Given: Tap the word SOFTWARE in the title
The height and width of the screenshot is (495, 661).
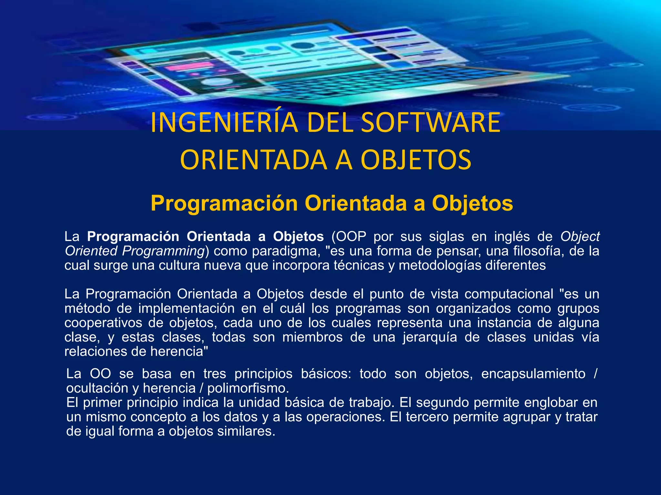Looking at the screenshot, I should coord(431,122).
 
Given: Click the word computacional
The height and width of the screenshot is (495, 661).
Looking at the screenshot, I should coord(509,294).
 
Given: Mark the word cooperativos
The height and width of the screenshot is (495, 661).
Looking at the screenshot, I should coord(103,323).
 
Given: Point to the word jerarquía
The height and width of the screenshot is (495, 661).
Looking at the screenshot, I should coord(430,337).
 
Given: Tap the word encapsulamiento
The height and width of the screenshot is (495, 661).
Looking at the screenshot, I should coord(533,374).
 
